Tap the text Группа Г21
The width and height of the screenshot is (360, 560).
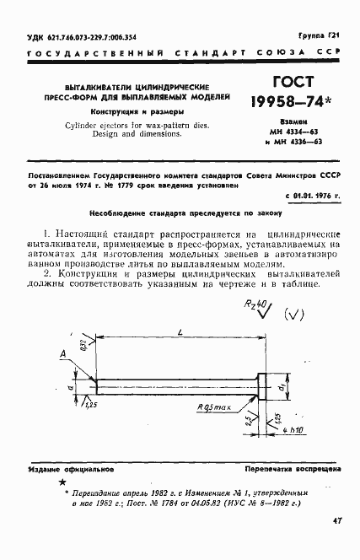tap(322, 30)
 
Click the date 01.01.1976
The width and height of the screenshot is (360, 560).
tap(312, 197)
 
